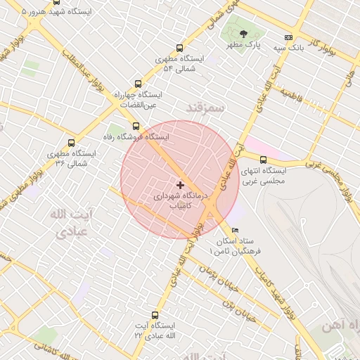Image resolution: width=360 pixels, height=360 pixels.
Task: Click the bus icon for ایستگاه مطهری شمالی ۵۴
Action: pyautogui.click(x=180, y=49)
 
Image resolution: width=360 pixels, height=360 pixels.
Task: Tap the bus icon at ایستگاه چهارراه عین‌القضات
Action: pyautogui.click(x=138, y=84)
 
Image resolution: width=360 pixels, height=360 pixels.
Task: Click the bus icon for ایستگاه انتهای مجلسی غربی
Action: pyautogui.click(x=264, y=160)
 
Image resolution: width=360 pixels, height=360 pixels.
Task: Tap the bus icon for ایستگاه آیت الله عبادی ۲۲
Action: pyautogui.click(x=155, y=316)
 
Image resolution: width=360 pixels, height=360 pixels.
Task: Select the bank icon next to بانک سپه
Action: pyautogui.click(x=288, y=37)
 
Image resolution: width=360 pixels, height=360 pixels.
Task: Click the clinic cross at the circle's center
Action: pyautogui.click(x=180, y=185)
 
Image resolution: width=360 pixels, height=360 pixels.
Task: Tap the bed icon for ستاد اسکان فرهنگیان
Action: pyautogui.click(x=235, y=231)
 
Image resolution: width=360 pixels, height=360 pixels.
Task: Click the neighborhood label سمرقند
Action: pyautogui.click(x=205, y=108)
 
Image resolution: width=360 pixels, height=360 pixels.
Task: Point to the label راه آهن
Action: pyautogui.click(x=336, y=326)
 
